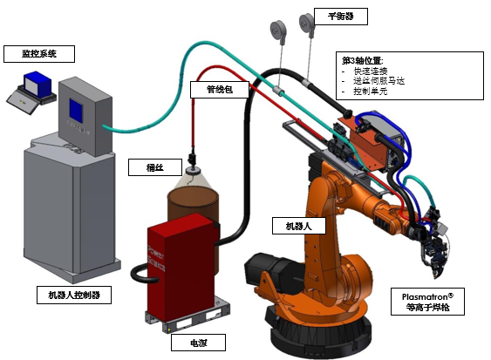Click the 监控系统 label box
tap(39, 54)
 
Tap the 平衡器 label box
tap(341, 17)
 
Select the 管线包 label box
tap(220, 90)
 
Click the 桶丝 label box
tap(155, 167)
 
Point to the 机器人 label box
tap(299, 226)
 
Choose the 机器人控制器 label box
tap(74, 295)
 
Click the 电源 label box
tap(198, 343)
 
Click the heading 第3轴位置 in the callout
tap(362, 60)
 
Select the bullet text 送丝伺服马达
tap(378, 81)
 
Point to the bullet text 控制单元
tap(371, 92)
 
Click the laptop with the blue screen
tap(32, 92)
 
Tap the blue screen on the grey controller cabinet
tap(76, 110)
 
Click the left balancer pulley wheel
tap(277, 30)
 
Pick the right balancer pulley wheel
tap(307, 23)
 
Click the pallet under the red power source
tap(188, 316)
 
